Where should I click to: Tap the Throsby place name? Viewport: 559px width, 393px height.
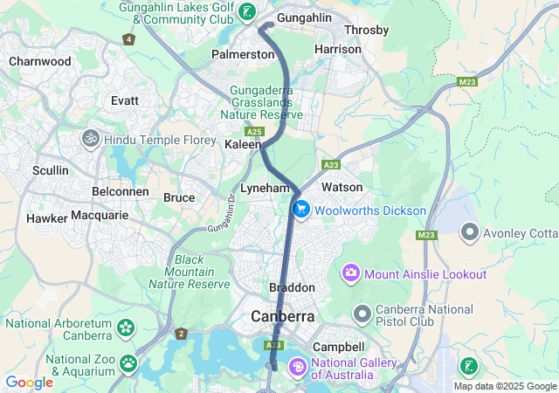point(366,30)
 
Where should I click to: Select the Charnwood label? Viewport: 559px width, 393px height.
point(39,61)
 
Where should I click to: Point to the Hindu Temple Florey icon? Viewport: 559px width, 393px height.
point(90,138)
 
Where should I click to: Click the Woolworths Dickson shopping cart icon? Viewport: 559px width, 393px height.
point(301,210)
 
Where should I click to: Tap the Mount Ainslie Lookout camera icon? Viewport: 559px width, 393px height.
point(351,274)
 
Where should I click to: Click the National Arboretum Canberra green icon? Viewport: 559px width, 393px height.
point(127,329)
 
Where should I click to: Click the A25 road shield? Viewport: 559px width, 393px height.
point(254,131)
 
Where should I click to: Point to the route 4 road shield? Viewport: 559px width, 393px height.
point(129,39)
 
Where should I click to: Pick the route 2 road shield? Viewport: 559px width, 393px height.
point(181,334)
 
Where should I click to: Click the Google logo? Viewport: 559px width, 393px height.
point(28,383)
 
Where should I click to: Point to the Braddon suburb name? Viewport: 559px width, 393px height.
point(292,287)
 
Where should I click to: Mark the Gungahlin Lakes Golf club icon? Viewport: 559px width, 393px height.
point(249,12)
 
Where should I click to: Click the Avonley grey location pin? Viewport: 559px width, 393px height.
point(470,231)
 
